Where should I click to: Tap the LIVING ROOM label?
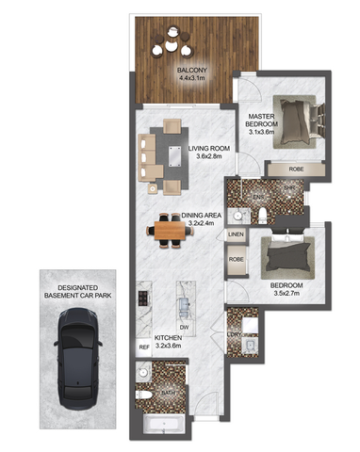(208, 152)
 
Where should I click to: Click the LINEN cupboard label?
(236, 234)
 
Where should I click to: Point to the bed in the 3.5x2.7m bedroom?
(291, 253)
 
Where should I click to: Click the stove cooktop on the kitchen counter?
(144, 299)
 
